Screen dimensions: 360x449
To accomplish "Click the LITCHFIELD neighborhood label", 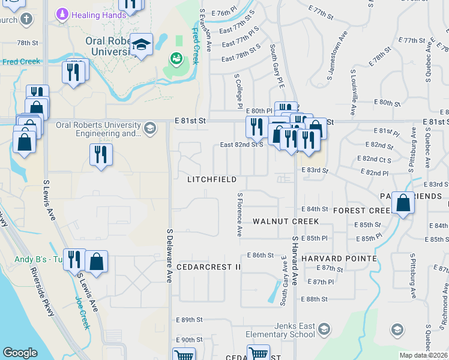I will tap(211, 179).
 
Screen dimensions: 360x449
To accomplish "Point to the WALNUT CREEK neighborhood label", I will tap(285, 221).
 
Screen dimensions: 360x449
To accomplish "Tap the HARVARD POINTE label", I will tap(339, 259).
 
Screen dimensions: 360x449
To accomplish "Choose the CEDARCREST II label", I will tap(208, 266).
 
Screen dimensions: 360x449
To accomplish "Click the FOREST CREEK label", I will tap(363, 211).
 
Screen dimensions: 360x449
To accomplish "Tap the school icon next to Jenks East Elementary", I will tap(324, 329).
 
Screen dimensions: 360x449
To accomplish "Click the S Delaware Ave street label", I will tap(170, 255).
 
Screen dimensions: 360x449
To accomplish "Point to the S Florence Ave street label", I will tap(240, 214).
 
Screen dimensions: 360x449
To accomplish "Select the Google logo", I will tap(20, 353).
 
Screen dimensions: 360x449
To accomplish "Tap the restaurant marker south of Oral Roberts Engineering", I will tap(101, 155).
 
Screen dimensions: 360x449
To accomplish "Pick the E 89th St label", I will tap(190, 320).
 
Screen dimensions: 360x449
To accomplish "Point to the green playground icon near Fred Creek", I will tap(176, 58).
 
